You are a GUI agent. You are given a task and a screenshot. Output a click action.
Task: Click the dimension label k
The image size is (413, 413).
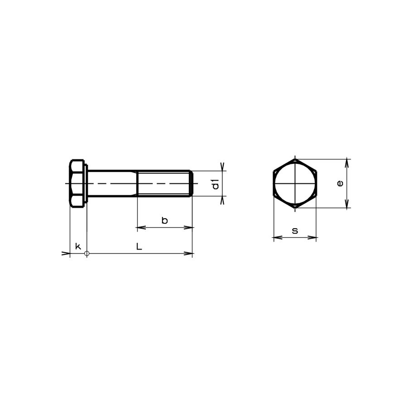coord(78,246)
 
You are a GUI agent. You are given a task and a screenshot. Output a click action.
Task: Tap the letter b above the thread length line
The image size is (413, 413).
coord(164,221)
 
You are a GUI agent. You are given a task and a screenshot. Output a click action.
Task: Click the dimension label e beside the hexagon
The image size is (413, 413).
coord(341,183)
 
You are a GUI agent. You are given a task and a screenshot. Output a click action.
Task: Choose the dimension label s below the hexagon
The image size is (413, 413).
coord(295,231)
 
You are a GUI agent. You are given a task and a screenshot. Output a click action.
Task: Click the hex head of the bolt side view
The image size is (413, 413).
coord(78,183)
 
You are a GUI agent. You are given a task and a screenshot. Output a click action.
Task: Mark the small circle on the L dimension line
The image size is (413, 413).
coord(87,254)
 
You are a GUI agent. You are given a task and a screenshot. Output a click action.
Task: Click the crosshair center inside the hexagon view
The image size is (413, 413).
coord(295,184)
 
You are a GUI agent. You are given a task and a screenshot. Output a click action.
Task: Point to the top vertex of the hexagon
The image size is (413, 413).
coord(295,159)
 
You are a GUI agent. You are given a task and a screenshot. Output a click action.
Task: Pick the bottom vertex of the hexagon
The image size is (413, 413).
coord(295,208)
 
